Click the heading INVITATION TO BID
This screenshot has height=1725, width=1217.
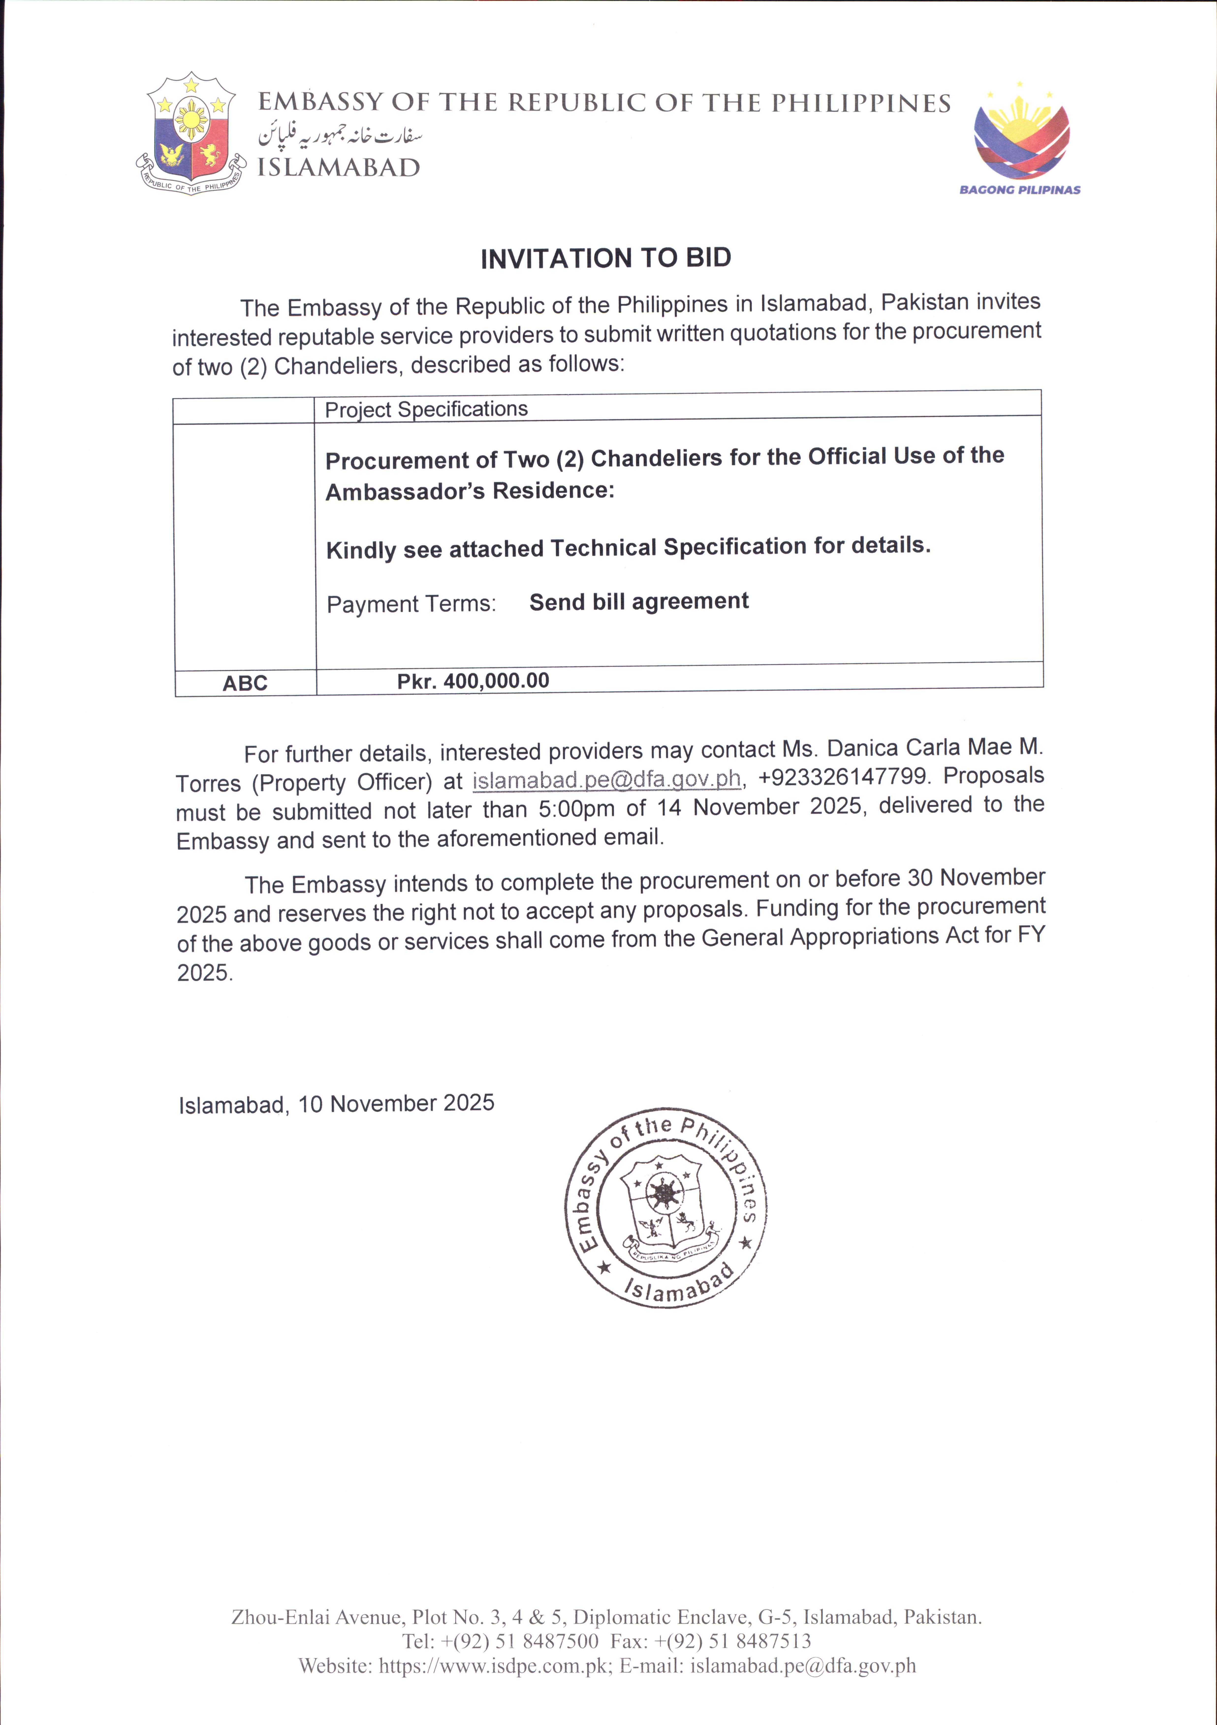click(x=605, y=258)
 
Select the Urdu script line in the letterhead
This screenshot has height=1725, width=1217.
click(x=340, y=135)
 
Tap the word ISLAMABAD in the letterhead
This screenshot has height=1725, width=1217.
click(x=339, y=168)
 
